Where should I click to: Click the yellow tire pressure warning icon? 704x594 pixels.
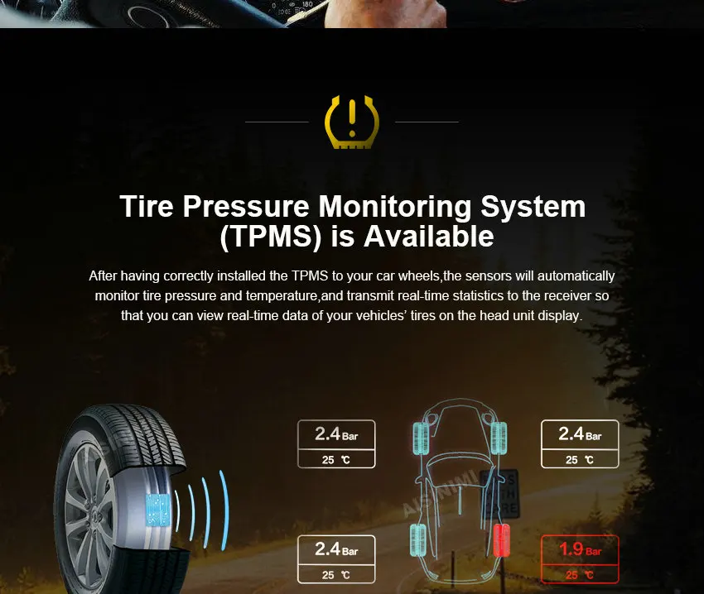[351, 122]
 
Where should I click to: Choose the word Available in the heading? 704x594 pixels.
[429, 237]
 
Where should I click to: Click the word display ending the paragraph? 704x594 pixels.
[563, 315]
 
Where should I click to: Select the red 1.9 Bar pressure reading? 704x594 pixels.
[580, 548]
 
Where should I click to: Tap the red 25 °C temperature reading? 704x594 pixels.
[580, 574]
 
